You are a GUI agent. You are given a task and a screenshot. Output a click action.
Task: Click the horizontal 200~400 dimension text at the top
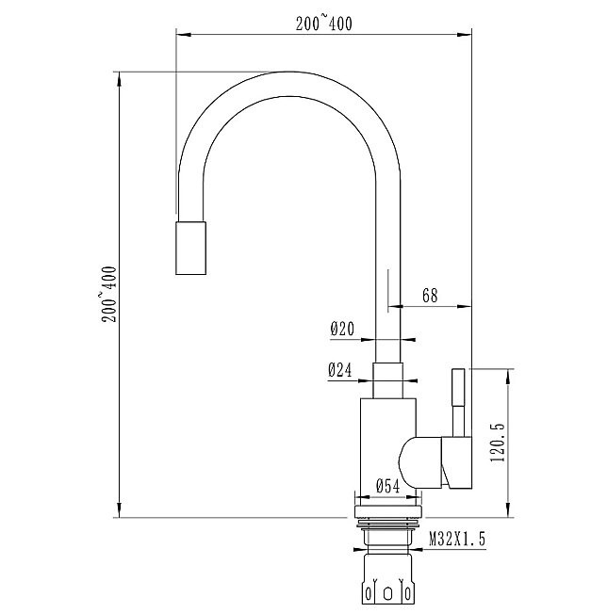click(x=323, y=24)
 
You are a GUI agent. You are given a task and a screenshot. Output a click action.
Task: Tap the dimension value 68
click(x=430, y=296)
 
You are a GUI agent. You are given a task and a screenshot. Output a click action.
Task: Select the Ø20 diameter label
click(x=341, y=330)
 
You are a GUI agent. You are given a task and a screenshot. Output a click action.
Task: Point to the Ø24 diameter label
click(x=340, y=371)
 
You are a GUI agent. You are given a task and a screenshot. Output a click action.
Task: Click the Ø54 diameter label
click(x=389, y=486)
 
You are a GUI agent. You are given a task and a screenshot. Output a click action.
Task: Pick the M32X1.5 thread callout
click(x=458, y=540)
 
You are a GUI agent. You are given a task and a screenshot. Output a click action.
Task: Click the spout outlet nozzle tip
click(x=192, y=248)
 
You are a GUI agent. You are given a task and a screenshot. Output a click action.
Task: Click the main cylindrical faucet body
click(x=386, y=443)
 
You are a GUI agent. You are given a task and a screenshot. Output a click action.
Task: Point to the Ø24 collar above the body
click(x=390, y=379)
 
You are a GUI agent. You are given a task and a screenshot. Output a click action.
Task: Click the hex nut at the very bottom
click(x=388, y=581)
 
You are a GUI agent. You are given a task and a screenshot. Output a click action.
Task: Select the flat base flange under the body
click(x=388, y=510)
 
